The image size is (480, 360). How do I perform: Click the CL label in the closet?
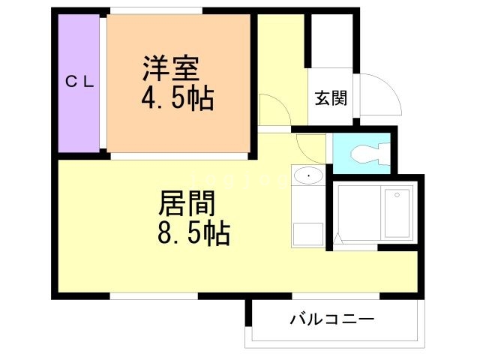pos(79,82)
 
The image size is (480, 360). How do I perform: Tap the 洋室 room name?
pos(171,68)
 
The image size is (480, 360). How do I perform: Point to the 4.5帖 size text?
pos(178,98)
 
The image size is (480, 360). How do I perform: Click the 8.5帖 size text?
pos(194,234)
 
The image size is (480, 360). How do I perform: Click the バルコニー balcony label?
pos(332,320)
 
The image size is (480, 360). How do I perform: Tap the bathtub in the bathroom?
pos(397,214)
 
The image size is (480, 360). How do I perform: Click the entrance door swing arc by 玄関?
pos(379,94)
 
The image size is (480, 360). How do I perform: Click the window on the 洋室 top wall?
pos(155,10)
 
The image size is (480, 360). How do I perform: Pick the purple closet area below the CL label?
pos(79,120)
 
